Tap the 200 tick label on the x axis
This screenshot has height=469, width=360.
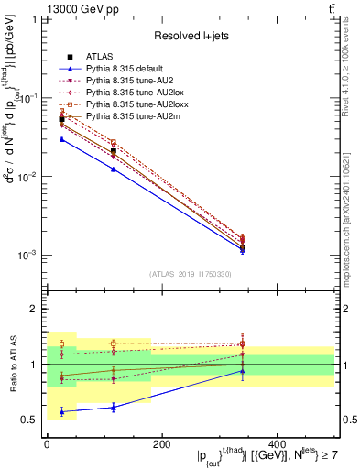pyautogui.click(x=162, y=444)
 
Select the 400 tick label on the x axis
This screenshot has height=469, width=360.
pyautogui.click(x=277, y=444)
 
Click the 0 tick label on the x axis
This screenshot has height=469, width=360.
pyautogui.click(x=47, y=444)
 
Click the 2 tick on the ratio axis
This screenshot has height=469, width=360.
pyautogui.click(x=34, y=309)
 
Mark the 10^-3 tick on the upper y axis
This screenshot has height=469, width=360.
pyautogui.click(x=27, y=256)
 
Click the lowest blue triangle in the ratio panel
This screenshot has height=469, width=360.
pyautogui.click(x=61, y=412)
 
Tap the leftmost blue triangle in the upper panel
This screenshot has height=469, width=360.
pyautogui.click(x=61, y=139)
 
